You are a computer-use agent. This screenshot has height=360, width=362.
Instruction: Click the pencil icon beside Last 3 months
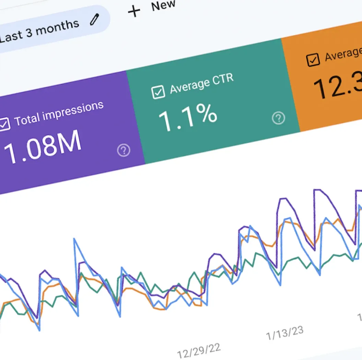click(x=94, y=20)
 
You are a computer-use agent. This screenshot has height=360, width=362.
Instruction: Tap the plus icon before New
click(x=134, y=11)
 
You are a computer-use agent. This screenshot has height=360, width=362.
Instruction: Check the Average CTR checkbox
click(x=158, y=92)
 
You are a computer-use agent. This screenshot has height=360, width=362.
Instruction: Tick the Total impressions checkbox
click(x=4, y=124)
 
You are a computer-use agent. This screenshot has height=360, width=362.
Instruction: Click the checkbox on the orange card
click(x=313, y=60)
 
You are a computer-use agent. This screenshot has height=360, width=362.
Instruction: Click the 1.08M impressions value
click(x=43, y=146)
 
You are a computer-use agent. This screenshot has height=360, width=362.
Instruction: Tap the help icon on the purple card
click(x=123, y=150)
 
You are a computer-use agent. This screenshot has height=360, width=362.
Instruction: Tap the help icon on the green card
click(x=278, y=118)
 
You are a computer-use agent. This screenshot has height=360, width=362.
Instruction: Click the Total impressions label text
click(x=59, y=113)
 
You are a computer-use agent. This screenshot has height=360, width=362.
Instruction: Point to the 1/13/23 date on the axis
click(x=285, y=333)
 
